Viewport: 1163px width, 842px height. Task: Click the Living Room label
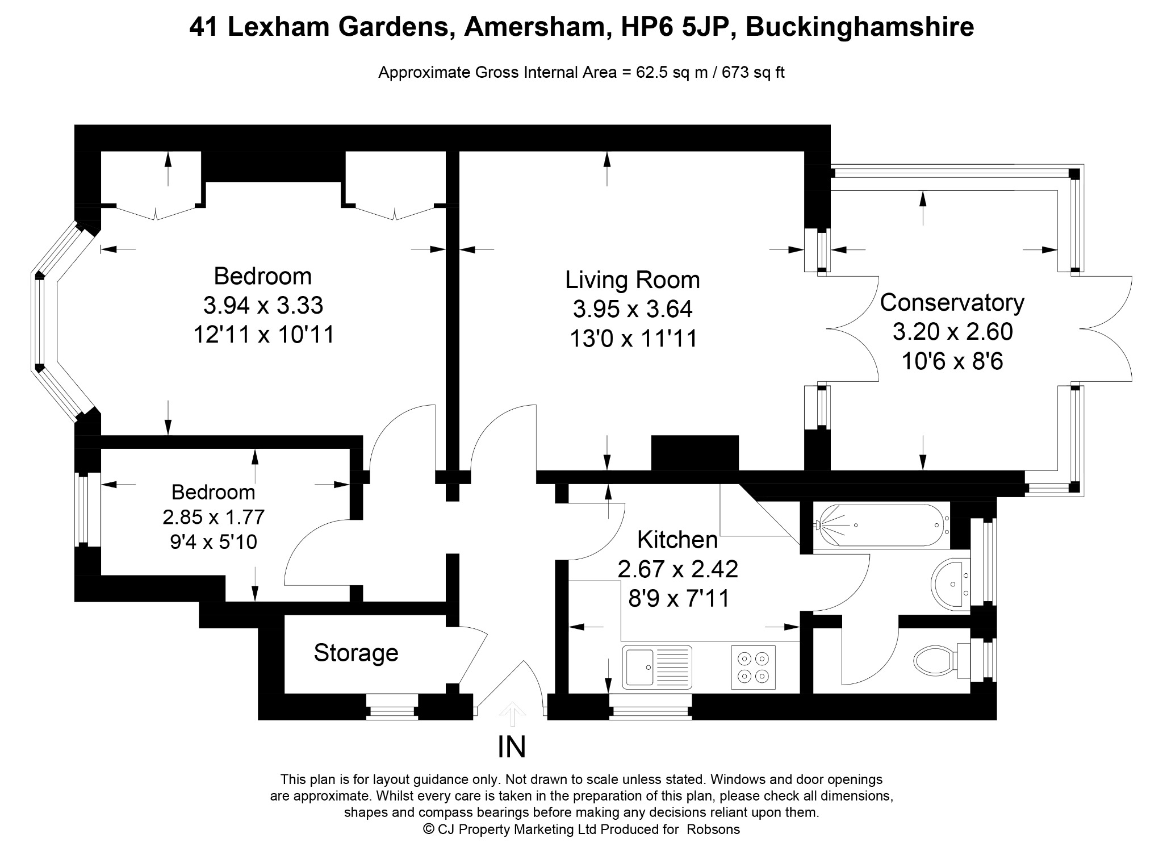632,280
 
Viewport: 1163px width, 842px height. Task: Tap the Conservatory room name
952,302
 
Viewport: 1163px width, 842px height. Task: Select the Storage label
356,653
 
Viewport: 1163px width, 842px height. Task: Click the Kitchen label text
677,540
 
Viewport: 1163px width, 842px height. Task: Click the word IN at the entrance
512,748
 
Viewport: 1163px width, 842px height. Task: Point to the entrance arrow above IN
512,715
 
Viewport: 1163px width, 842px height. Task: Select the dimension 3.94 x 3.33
263,306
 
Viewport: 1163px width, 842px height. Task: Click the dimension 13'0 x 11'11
633,339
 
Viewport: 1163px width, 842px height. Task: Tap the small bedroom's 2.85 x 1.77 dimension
214,518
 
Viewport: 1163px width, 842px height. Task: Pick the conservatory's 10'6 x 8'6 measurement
952,361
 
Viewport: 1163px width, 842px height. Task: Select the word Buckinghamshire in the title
860,27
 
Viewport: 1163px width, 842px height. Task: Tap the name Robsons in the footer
713,830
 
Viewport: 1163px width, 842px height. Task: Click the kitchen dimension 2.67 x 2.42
678,569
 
